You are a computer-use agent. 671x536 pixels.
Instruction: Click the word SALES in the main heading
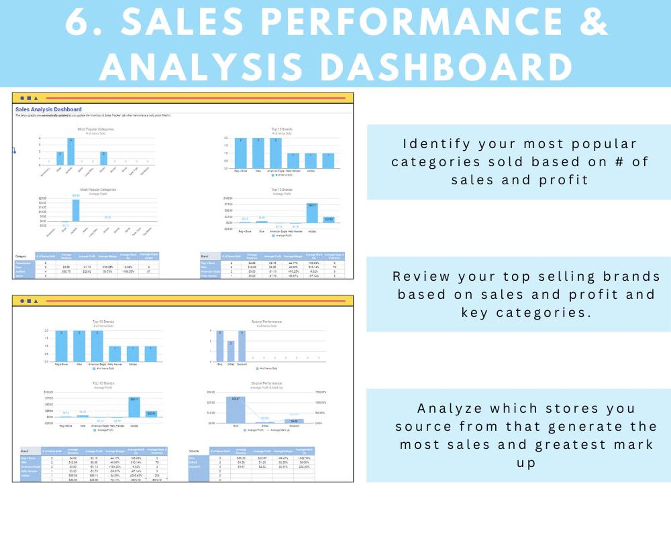point(182,22)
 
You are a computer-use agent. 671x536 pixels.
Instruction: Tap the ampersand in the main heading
point(593,22)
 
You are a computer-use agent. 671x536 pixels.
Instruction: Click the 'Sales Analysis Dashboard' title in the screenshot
point(48,109)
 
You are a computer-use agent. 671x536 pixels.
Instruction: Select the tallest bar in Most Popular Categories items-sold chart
point(71,152)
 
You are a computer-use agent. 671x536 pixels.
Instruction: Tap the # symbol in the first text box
point(619,162)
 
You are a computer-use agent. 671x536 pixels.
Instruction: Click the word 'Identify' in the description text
point(436,144)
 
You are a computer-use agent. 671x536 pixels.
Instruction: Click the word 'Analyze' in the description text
point(449,409)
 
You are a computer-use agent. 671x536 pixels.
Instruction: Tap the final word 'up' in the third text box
point(526,463)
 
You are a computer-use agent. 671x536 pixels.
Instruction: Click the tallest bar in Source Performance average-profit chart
point(235,410)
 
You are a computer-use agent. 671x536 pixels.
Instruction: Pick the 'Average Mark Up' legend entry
point(280,430)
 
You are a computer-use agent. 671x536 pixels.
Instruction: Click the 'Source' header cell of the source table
point(194,451)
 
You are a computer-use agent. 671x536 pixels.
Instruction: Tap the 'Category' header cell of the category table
point(21,256)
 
